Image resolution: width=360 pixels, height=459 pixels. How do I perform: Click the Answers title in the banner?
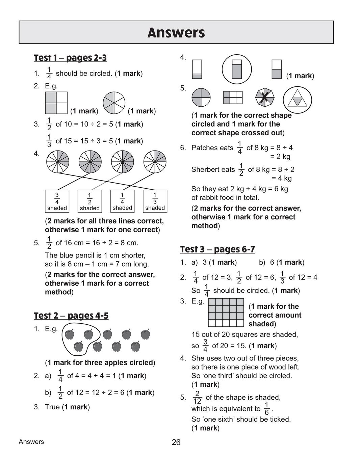176,33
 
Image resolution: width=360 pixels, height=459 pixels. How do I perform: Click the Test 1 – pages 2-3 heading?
70,58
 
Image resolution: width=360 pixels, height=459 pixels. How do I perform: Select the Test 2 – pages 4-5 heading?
71,316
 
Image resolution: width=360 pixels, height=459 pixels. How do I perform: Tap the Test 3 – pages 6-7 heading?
217,249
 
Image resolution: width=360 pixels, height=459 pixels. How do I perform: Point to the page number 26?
176,442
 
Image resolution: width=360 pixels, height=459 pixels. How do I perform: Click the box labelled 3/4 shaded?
57,201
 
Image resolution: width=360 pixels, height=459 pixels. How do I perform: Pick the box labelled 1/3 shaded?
155,201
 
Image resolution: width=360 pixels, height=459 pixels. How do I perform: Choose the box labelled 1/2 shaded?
89,201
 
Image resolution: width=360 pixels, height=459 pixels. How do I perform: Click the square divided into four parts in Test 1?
56,103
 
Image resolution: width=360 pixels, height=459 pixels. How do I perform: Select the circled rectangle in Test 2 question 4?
237,69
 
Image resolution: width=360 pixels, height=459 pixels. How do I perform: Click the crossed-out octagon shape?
265,98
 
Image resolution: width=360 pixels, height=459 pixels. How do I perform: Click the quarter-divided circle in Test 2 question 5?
201,98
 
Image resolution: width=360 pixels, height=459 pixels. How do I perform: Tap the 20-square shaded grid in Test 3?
226,312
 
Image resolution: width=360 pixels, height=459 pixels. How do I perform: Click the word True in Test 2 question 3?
52,407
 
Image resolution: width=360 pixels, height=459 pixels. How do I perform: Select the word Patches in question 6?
212,148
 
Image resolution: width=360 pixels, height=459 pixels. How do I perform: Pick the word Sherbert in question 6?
213,169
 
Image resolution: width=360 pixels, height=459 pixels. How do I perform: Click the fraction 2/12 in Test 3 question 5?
197,398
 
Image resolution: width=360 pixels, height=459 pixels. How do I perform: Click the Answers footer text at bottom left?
31,442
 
